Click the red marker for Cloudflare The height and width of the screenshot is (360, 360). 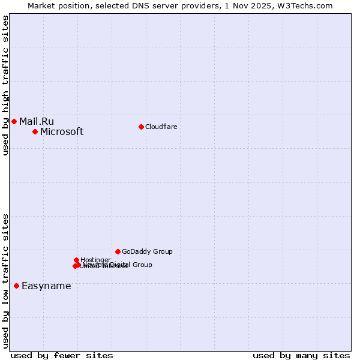point(141,127)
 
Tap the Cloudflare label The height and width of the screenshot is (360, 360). point(161,127)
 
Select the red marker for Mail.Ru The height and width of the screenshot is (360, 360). point(14,121)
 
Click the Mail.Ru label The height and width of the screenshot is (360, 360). point(36,122)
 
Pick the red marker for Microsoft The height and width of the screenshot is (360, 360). point(35,131)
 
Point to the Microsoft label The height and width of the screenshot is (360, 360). point(62,132)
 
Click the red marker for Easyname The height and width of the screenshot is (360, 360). point(16,286)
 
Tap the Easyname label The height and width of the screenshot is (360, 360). point(46,286)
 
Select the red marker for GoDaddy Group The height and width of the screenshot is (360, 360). point(118,251)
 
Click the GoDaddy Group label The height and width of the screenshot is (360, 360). point(147,251)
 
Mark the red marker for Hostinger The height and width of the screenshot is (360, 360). point(76,260)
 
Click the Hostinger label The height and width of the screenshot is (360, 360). point(95,260)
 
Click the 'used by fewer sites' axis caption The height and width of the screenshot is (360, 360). point(62,355)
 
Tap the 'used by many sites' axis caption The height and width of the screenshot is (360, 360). point(301,355)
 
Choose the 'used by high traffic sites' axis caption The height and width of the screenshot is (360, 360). point(5,85)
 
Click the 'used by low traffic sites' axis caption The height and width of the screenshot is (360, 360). point(5,281)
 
